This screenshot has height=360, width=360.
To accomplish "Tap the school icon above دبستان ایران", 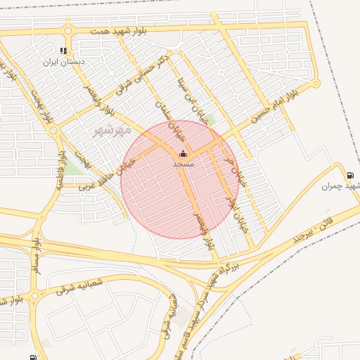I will point(64,51).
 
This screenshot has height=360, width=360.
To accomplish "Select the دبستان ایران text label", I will point(64,62).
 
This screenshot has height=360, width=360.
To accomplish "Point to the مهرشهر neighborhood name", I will point(113,131).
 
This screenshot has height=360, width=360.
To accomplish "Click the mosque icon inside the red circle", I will point(184,153).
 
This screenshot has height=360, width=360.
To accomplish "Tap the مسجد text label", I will point(184,163).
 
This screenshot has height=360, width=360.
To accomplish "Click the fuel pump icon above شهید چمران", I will point(349,175).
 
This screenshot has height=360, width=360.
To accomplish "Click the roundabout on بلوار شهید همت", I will point(68,30).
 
